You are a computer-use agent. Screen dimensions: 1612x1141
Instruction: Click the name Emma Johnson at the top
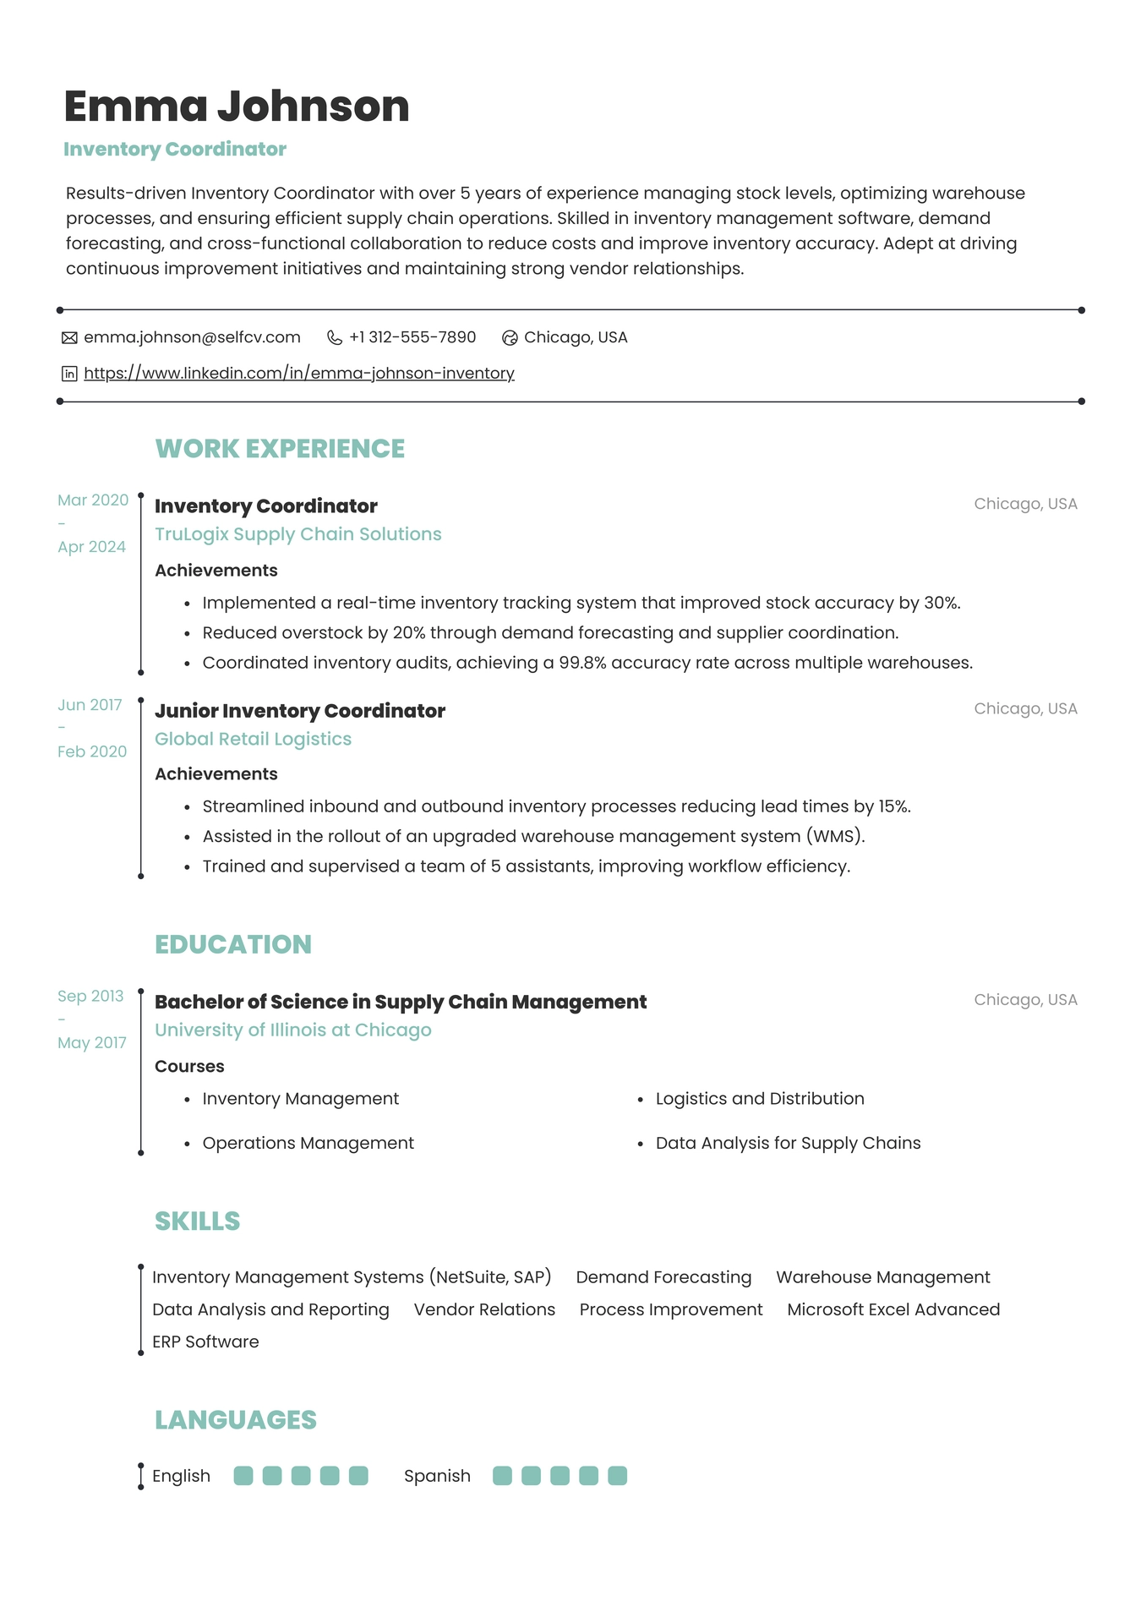click(x=236, y=107)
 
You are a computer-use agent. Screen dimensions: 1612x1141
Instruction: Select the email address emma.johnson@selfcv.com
click(x=192, y=337)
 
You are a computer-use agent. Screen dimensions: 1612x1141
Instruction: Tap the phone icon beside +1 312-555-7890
click(x=335, y=338)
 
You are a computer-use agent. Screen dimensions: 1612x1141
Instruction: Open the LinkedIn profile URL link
click(x=298, y=373)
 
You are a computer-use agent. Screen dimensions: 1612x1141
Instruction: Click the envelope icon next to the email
click(x=69, y=338)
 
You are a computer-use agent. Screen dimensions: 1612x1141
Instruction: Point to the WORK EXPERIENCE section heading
click(x=280, y=448)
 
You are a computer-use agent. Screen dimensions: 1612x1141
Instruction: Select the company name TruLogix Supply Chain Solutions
click(x=298, y=534)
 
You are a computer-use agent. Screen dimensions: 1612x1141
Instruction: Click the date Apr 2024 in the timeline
click(x=91, y=547)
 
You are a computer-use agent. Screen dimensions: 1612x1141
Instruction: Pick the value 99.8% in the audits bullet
click(x=582, y=663)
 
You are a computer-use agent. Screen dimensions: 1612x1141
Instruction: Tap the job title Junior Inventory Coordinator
click(x=299, y=711)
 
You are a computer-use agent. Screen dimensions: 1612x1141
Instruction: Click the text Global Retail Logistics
click(x=253, y=739)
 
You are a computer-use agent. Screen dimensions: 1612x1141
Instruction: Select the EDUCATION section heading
click(x=232, y=944)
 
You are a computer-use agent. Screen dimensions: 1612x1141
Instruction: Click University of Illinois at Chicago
click(x=292, y=1030)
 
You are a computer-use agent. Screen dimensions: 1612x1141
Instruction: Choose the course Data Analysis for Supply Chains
click(x=788, y=1143)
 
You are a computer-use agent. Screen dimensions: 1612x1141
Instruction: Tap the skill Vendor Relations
click(x=484, y=1309)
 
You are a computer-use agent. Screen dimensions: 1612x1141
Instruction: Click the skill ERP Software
click(x=205, y=1342)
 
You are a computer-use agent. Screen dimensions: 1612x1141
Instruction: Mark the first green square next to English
click(x=243, y=1476)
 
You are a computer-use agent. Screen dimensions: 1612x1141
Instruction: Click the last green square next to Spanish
click(x=617, y=1476)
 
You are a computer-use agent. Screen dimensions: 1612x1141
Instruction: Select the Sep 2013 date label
click(x=90, y=996)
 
